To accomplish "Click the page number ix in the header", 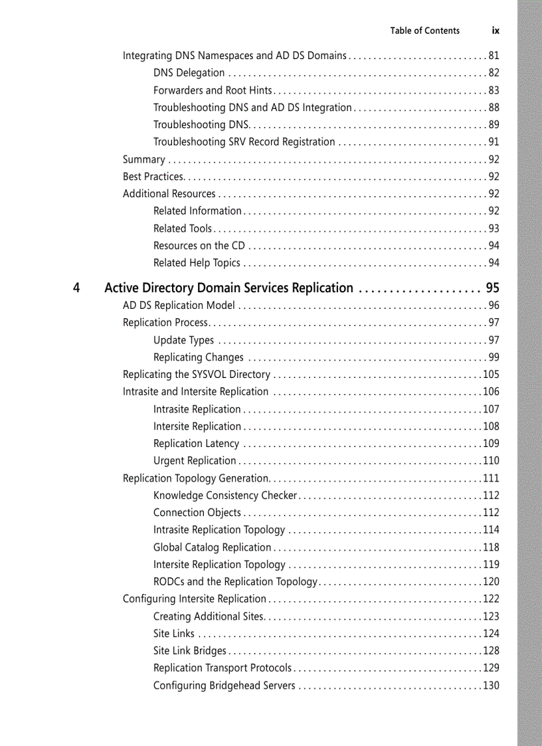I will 496,31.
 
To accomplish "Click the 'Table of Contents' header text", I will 424,31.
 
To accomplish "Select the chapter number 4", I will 77,288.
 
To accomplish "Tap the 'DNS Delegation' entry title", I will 189,73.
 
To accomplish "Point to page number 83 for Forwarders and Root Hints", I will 494,90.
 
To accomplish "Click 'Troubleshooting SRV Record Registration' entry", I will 244,142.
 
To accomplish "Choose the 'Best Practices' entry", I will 153,177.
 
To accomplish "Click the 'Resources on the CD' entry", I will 199,246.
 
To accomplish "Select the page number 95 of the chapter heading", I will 492,288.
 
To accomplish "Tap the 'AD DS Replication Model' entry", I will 179,306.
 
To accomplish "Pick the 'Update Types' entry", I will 183,340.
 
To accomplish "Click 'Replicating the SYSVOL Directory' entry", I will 196,375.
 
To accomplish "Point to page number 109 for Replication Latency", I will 491,444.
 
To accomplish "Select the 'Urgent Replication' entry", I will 195,461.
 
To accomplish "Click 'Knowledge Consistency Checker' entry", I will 225,496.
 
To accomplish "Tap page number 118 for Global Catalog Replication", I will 491,547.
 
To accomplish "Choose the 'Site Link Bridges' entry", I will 189,651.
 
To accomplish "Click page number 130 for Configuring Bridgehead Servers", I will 491,686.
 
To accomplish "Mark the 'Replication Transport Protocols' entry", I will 222,668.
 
